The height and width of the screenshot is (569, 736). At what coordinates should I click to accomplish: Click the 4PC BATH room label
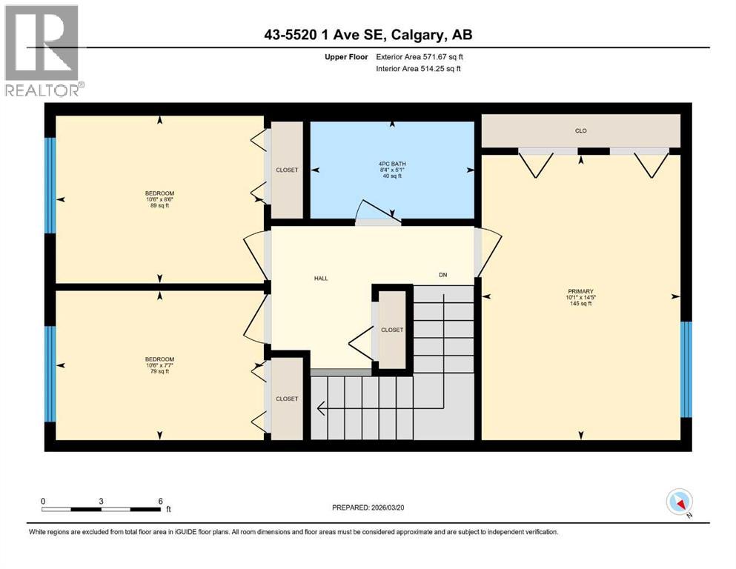(392, 169)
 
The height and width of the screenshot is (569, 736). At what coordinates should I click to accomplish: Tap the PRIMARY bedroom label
(580, 297)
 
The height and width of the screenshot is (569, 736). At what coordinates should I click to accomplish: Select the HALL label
(320, 279)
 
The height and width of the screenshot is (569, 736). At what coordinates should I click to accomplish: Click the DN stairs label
(442, 275)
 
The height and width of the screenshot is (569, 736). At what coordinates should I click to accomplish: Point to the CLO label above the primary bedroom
(580, 131)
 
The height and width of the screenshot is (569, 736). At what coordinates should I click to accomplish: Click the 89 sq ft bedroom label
(160, 199)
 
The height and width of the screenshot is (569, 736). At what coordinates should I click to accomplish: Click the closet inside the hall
(392, 329)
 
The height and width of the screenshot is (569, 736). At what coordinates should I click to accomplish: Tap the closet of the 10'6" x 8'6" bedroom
(287, 170)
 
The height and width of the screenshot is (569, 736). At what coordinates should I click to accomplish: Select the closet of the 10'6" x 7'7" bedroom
(287, 399)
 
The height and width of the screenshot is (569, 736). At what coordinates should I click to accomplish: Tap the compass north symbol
(679, 502)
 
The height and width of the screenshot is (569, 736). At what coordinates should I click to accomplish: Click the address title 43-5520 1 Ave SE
(368, 35)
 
